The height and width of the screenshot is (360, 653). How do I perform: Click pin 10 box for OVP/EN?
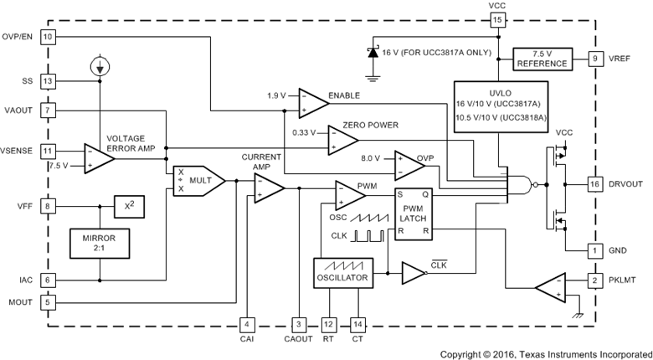(x=48, y=37)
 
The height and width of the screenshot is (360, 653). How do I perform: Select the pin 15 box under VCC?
(x=497, y=19)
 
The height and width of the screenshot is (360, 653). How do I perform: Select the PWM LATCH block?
(x=413, y=213)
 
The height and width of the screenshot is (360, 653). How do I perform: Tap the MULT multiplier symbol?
(x=197, y=178)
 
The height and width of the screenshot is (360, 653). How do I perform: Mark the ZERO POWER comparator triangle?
(x=342, y=140)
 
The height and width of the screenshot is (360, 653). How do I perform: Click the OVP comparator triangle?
(x=408, y=164)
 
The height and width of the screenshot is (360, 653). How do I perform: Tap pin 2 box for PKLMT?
(x=594, y=280)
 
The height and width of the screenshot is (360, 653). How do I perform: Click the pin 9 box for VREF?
(x=594, y=58)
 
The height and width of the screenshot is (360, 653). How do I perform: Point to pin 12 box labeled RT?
(x=328, y=324)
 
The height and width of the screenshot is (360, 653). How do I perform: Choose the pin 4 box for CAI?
(x=246, y=324)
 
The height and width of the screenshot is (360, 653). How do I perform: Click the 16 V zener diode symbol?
(x=373, y=52)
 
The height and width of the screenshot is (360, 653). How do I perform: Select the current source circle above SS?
(x=99, y=65)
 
